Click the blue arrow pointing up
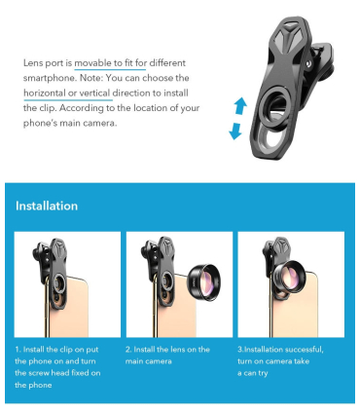(x=240, y=105)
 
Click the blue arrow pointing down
(x=235, y=131)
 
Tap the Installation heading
(x=47, y=206)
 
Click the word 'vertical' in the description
(x=94, y=94)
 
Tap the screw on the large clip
(x=307, y=63)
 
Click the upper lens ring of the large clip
(x=274, y=109)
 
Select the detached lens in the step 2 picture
(x=204, y=280)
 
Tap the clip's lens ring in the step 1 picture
(x=57, y=281)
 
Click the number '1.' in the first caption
(x=18, y=350)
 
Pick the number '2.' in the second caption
(x=128, y=350)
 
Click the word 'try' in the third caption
(x=263, y=373)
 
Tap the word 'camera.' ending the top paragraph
(x=99, y=124)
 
